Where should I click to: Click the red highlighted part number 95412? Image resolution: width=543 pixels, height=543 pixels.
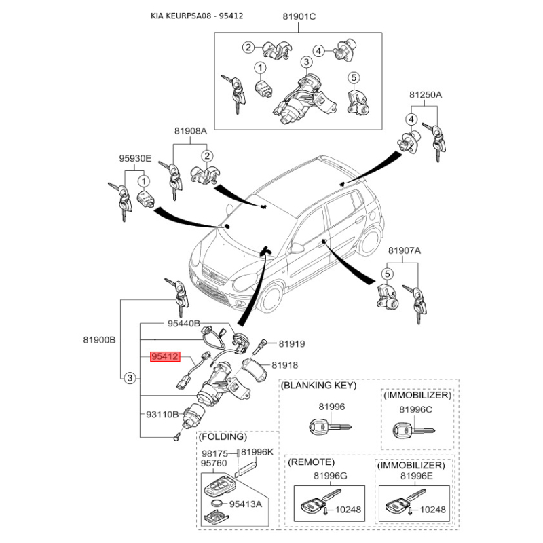[164, 356]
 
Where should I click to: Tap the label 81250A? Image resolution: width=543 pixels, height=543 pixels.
[425, 95]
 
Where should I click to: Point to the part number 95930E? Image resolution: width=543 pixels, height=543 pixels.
[134, 159]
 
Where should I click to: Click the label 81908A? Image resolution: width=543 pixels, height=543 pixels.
[190, 131]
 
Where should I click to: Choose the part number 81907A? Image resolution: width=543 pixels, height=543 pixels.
[405, 251]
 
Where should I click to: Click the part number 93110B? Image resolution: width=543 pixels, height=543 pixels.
[162, 413]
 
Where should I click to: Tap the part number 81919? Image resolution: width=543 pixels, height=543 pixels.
[292, 344]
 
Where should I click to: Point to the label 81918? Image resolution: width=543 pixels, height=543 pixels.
[286, 365]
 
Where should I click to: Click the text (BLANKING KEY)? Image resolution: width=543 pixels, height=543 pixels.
[318, 386]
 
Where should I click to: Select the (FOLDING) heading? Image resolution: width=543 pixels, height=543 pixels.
[223, 436]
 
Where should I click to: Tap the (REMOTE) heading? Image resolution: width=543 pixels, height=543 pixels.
[312, 463]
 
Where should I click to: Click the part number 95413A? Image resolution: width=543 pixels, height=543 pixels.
[245, 504]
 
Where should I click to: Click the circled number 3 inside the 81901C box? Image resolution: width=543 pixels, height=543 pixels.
[306, 63]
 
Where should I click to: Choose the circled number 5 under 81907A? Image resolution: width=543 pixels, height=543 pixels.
[386, 274]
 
